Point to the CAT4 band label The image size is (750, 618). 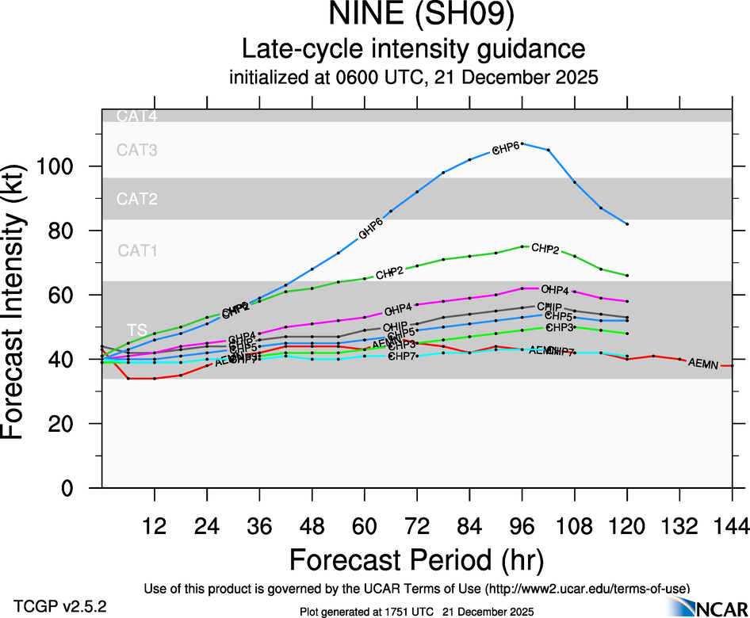click(137, 116)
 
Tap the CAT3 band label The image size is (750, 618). click(137, 149)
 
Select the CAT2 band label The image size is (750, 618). click(137, 199)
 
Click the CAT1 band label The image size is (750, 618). click(137, 250)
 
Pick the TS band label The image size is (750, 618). click(137, 329)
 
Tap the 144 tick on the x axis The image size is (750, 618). click(732, 525)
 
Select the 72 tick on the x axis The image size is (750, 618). click(417, 525)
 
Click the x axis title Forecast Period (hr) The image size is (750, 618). click(416, 559)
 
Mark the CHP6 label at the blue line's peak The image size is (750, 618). click(506, 148)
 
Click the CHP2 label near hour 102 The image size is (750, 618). click(545, 249)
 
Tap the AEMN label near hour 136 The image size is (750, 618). click(702, 363)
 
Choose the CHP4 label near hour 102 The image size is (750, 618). click(555, 290)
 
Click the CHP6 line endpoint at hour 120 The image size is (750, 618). click(627, 224)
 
